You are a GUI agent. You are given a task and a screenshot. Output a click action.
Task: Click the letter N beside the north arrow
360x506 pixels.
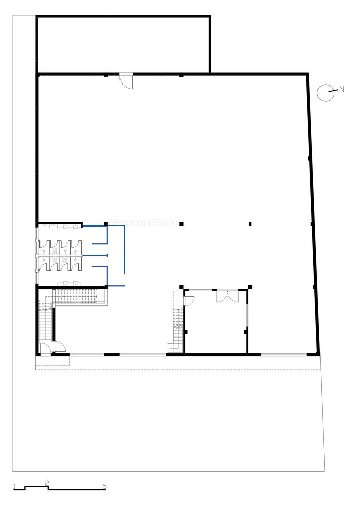click(x=342, y=90)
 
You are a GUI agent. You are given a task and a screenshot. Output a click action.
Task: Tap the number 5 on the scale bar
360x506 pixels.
click(x=104, y=486)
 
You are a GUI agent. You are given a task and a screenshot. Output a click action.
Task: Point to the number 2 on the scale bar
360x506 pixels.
click(x=47, y=483)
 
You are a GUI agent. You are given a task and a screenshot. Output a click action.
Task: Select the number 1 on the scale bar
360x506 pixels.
click(x=14, y=486)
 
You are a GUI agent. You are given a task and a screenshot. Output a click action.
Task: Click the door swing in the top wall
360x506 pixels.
click(x=126, y=81)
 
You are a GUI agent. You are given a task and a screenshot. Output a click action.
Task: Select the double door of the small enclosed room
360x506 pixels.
click(x=228, y=296)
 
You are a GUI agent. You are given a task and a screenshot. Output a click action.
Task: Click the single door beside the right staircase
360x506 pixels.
click(x=189, y=300)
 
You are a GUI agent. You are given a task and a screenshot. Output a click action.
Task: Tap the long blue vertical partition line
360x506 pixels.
click(x=125, y=250)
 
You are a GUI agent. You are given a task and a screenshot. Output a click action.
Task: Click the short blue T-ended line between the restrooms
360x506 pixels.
click(x=95, y=256)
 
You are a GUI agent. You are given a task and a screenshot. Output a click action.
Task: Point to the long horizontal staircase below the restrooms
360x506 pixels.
click(x=76, y=296)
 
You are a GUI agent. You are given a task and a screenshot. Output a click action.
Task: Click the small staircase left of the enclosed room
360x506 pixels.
click(x=177, y=323)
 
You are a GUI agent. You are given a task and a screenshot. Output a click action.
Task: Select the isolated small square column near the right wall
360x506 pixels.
click(x=250, y=224)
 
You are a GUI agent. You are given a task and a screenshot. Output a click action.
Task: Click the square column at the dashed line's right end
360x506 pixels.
click(x=181, y=224)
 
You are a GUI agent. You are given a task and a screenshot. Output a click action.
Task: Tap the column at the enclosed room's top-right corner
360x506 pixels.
click(x=250, y=287)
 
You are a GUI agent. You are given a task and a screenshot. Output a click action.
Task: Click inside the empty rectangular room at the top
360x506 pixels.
click(x=124, y=45)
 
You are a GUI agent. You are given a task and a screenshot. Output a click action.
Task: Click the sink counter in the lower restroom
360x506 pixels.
click(x=69, y=283)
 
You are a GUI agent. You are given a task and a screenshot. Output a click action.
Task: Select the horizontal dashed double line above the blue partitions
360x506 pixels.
click(x=144, y=222)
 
